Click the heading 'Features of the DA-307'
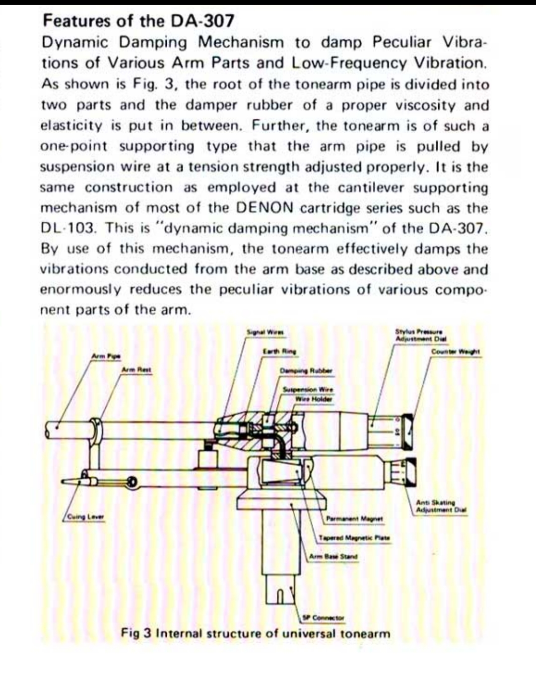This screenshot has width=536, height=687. pos(138,21)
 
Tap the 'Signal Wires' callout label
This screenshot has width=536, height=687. pos(268,332)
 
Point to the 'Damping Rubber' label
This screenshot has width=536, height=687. pos(306,370)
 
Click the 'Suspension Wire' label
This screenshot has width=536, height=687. pos(308,389)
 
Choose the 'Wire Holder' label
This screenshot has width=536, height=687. pos(314,399)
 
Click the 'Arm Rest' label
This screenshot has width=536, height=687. pos(137,370)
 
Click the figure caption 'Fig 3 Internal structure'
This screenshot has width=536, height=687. pos(256,634)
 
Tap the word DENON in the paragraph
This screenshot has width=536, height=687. pos(265,208)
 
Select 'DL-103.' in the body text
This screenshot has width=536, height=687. pos(69,228)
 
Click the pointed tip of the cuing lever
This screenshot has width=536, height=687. pos(65,482)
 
